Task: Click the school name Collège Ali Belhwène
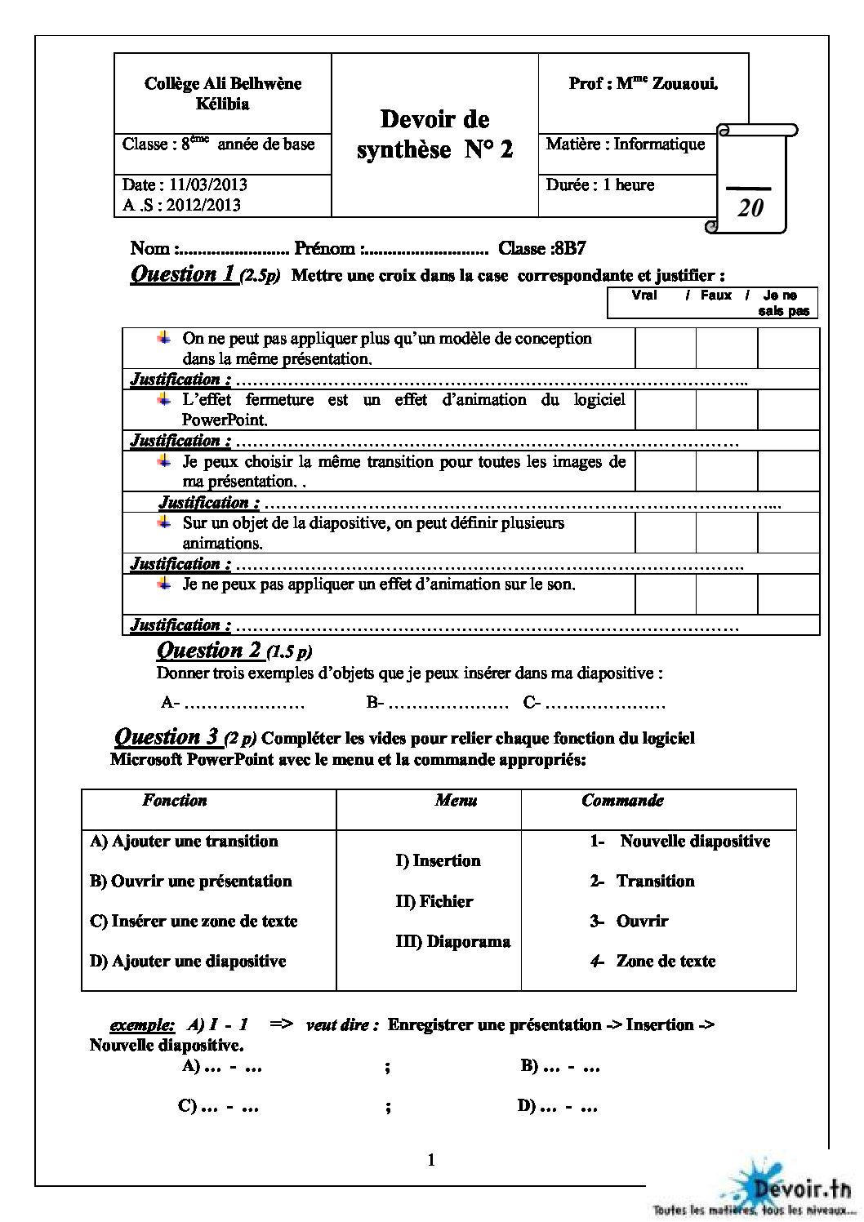[x=222, y=83]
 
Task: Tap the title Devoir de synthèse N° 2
[x=435, y=134]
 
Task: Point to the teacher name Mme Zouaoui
[x=644, y=83]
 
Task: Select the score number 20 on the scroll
[x=750, y=208]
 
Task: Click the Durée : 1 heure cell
[x=600, y=185]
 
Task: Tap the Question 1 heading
[x=185, y=274]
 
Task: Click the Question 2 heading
[x=209, y=651]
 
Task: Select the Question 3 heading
[x=168, y=737]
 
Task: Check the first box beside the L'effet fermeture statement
[x=666, y=410]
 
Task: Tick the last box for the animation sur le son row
[x=788, y=593]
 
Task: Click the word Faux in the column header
[x=716, y=296]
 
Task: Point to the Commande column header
[x=622, y=801]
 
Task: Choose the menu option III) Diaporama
[x=453, y=941]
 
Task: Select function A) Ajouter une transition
[x=184, y=842]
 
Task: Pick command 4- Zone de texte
[x=653, y=962]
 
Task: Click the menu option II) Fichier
[x=434, y=901]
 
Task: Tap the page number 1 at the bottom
[x=431, y=1160]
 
